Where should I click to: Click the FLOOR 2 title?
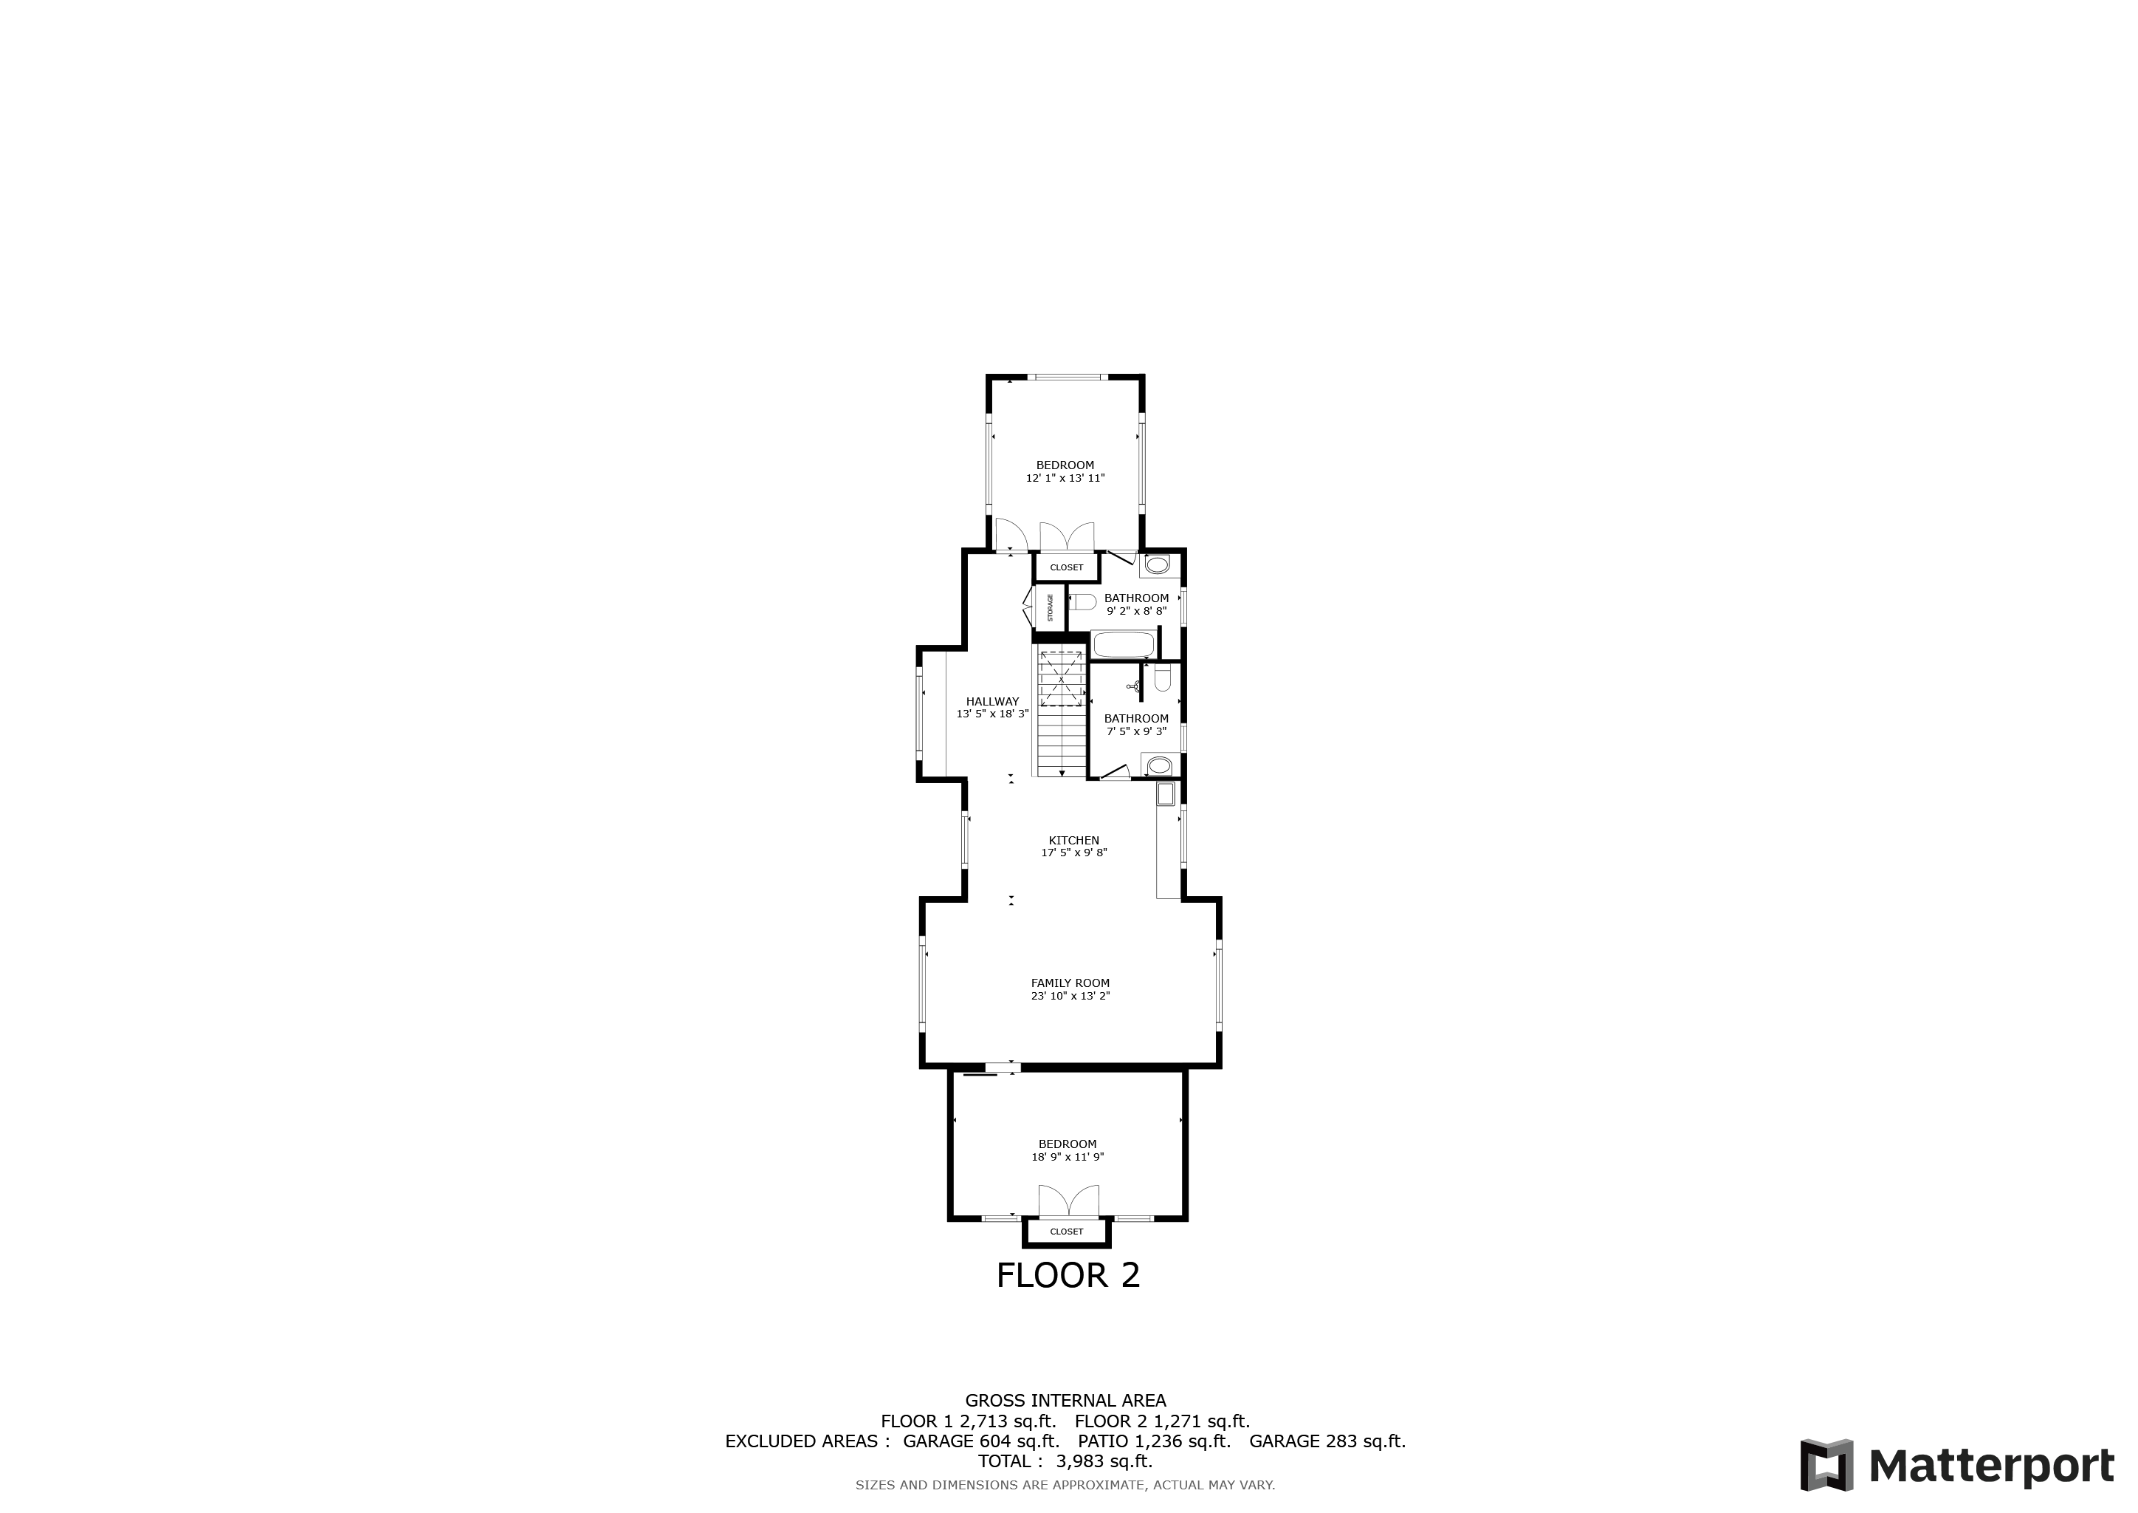pyautogui.click(x=1068, y=1274)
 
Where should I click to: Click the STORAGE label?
pyautogui.click(x=1051, y=607)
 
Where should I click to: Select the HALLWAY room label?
pyautogui.click(x=993, y=702)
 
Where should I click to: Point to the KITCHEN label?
pyautogui.click(x=1073, y=840)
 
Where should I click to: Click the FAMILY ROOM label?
pyautogui.click(x=1070, y=983)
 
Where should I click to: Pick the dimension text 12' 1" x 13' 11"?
pyautogui.click(x=1065, y=478)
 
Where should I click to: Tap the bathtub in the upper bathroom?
pyautogui.click(x=1123, y=646)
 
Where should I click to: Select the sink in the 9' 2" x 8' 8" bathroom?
pyautogui.click(x=1157, y=564)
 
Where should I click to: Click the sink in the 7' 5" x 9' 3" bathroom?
pyautogui.click(x=1158, y=766)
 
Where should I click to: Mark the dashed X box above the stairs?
pyautogui.click(x=1062, y=678)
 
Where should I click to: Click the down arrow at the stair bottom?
pyautogui.click(x=1062, y=771)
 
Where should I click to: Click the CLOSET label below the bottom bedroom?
pyautogui.click(x=1066, y=1232)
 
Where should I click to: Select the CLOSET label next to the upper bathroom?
pyautogui.click(x=1066, y=567)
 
